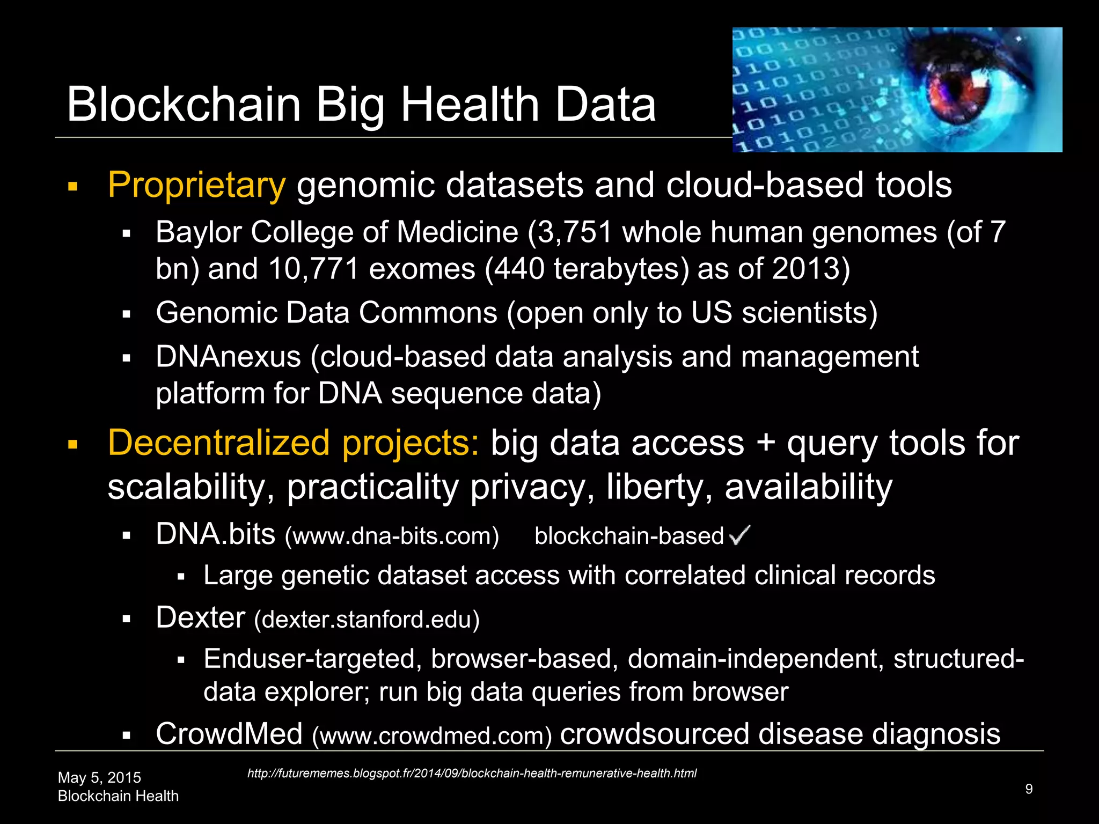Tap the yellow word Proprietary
click(196, 186)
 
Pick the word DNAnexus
click(228, 357)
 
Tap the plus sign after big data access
click(765, 444)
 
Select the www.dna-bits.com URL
click(392, 536)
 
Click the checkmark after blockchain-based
click(740, 534)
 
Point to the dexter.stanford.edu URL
click(367, 620)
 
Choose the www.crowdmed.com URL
click(432, 736)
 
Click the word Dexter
click(201, 618)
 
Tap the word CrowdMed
click(229, 734)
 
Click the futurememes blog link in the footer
click(472, 774)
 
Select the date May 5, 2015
click(99, 777)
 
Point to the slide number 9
click(1029, 789)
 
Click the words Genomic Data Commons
click(326, 313)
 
